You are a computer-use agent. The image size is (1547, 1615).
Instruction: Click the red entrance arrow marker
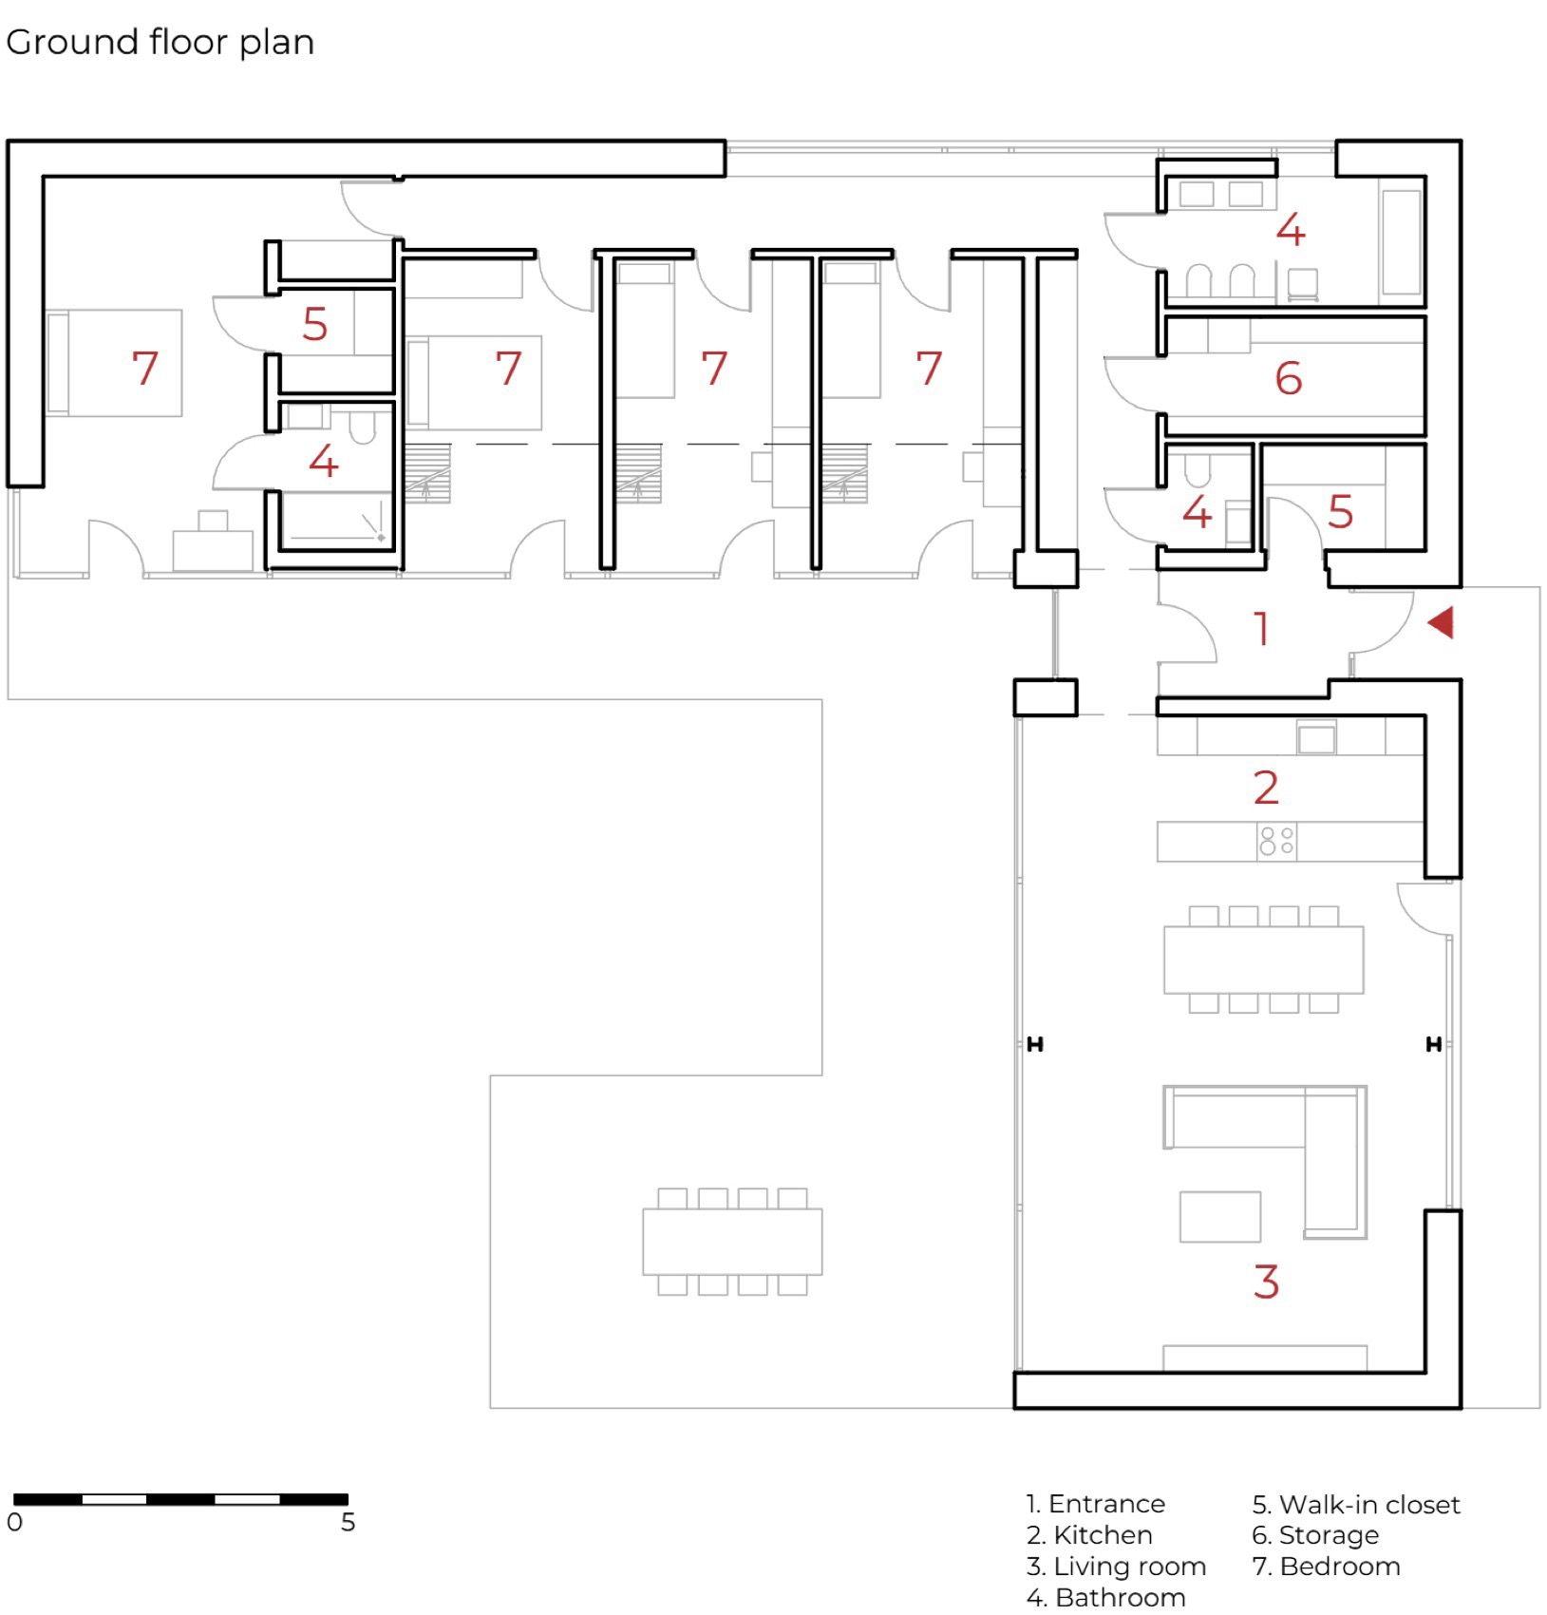1441,623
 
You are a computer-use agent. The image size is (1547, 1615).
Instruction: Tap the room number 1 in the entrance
1261,629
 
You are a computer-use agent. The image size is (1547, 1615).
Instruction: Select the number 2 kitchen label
1266,788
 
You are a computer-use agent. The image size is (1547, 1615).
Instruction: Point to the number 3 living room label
1266,1282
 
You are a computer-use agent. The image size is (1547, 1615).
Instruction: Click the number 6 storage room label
1288,378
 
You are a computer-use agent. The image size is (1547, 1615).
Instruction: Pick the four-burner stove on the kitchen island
1276,841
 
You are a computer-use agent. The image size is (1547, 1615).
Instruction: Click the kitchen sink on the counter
1316,737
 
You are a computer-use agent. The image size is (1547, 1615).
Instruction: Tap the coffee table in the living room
1220,1217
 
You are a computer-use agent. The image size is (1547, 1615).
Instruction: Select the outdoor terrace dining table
732,1241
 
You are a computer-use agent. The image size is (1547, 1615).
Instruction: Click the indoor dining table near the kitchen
1264,959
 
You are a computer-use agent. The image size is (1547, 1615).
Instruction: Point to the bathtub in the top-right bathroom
1402,242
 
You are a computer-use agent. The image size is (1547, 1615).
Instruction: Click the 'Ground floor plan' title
160,43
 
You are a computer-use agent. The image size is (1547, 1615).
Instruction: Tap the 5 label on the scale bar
349,1522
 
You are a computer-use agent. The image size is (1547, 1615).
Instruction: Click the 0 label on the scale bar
14,1522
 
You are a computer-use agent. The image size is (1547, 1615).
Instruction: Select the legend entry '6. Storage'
1315,1535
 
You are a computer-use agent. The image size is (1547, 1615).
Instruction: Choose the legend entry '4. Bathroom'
1105,1597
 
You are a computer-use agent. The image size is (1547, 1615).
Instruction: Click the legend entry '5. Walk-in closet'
1356,1504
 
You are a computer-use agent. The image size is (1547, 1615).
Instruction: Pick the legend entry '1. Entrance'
1095,1504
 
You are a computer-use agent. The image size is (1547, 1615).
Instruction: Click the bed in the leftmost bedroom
114,363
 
